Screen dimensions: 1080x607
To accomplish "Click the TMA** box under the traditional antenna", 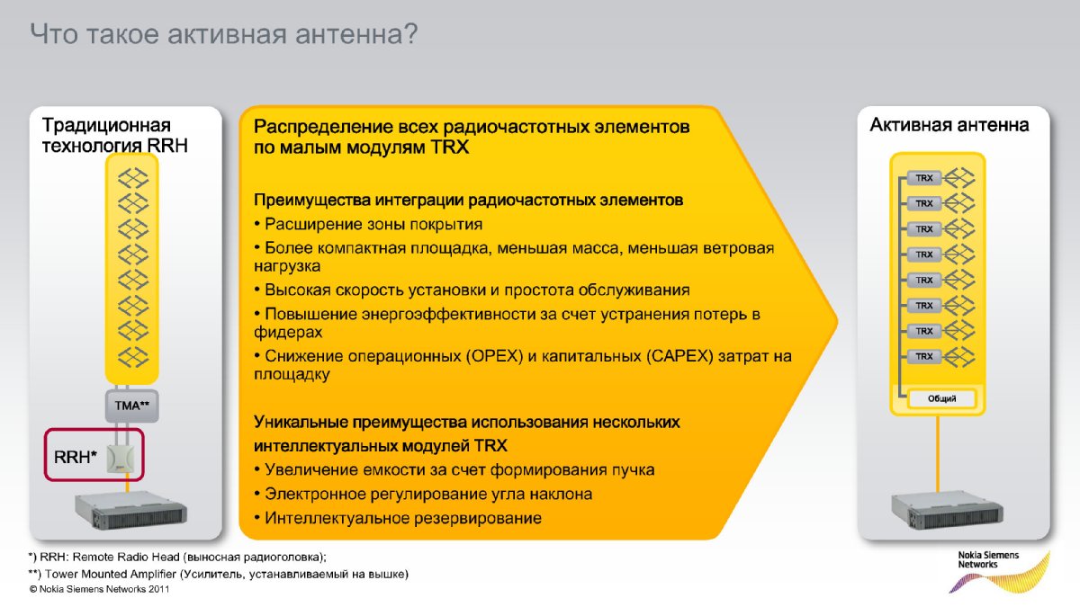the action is coord(131,406).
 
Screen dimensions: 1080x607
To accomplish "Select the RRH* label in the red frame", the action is coord(76,457).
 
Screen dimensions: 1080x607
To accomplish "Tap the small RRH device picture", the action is coord(120,458).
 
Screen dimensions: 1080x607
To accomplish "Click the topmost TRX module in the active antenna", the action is coord(923,178).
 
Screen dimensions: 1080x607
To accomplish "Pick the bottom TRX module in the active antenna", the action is coord(923,356).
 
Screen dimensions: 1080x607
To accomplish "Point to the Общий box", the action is coord(941,398).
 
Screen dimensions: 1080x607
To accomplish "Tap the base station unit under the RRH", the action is coord(131,511).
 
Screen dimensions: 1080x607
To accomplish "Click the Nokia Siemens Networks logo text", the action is coord(988,559).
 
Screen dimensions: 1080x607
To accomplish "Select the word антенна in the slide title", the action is coord(356,34).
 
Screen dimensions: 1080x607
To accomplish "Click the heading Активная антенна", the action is coord(949,125).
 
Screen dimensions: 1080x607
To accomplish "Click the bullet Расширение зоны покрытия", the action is coord(368,224).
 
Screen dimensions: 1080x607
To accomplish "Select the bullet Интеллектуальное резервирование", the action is coord(398,518).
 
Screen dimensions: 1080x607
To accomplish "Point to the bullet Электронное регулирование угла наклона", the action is coord(423,494).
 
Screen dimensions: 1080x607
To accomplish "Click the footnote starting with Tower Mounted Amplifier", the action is coord(219,575).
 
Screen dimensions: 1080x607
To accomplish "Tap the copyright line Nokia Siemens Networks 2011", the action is coord(99,589).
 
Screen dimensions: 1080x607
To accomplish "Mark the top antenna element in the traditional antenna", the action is coord(132,178).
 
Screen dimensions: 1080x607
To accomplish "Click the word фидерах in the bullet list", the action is coord(288,332).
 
